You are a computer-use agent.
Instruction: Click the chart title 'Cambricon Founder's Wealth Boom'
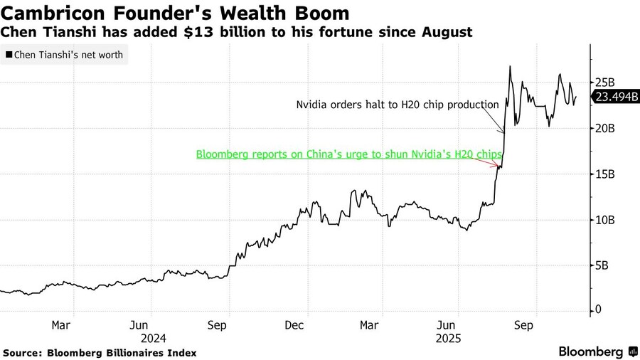pyautogui.click(x=176, y=13)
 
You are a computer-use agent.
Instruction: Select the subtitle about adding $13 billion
pyautogui.click(x=237, y=33)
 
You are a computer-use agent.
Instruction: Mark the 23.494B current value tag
pyautogui.click(x=617, y=98)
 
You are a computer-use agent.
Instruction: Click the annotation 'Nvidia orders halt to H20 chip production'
pyautogui.click(x=398, y=105)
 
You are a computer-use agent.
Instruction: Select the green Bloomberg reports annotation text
pyautogui.click(x=349, y=154)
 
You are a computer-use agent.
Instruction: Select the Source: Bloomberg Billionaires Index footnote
pyautogui.click(x=100, y=352)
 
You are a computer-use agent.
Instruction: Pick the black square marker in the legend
pyautogui.click(x=9, y=54)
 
